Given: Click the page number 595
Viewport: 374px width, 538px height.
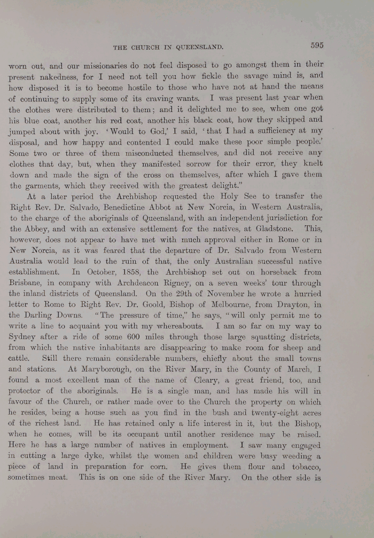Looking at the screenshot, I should coord(316,45).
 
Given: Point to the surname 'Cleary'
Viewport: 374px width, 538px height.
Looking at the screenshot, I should coord(199,379).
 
